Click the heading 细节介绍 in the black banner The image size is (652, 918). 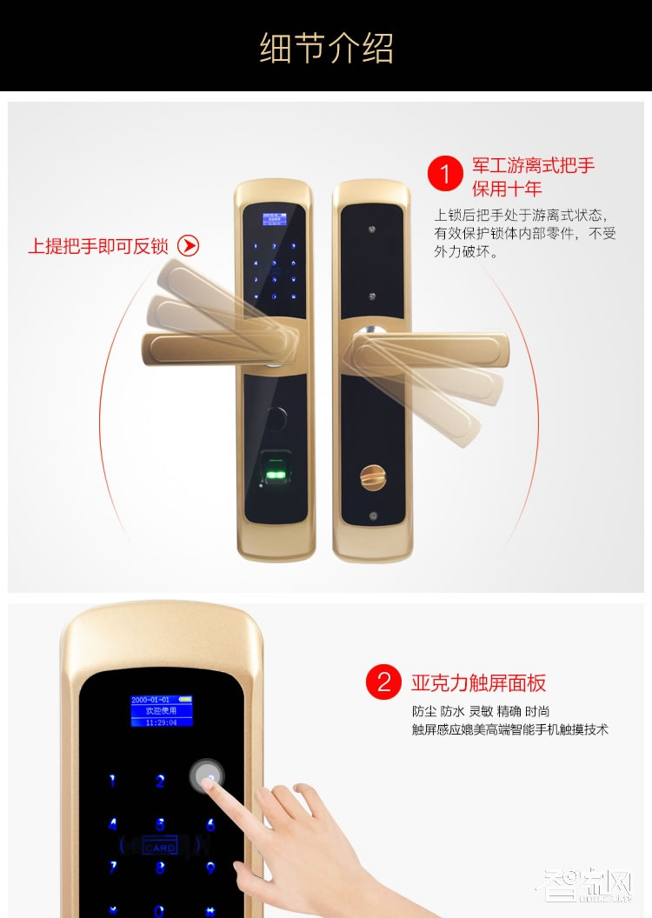pyautogui.click(x=326, y=48)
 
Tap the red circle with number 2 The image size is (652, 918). pyautogui.click(x=384, y=682)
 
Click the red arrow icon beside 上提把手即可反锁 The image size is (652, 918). pyautogui.click(x=188, y=245)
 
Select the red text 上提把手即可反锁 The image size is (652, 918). pyautogui.click(x=98, y=246)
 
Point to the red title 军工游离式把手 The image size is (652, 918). pyautogui.click(x=533, y=165)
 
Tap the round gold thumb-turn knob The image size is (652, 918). pyautogui.click(x=369, y=476)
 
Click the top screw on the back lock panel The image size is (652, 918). pyautogui.click(x=371, y=231)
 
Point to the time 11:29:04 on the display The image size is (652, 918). pyautogui.click(x=160, y=722)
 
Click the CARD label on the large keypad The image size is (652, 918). pyautogui.click(x=160, y=847)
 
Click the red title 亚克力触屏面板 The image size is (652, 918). pyautogui.click(x=479, y=682)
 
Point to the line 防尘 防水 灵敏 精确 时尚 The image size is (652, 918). pyautogui.click(x=481, y=711)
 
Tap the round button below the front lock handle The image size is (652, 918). pyautogui.click(x=277, y=416)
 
